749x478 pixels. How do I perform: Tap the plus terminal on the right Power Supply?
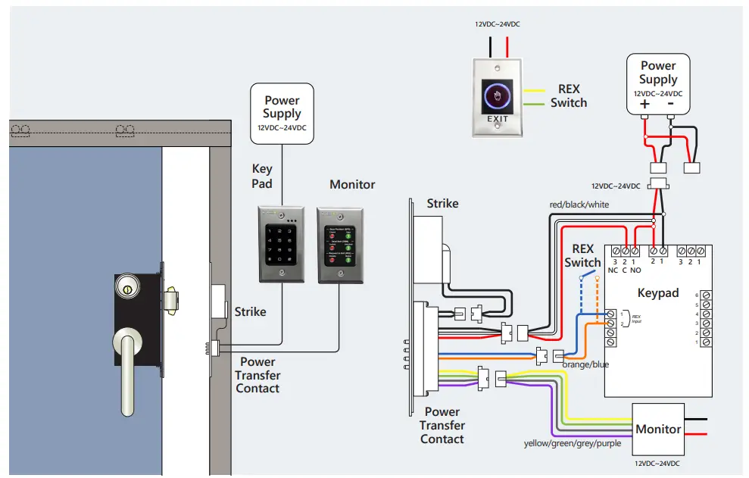pyautogui.click(x=644, y=105)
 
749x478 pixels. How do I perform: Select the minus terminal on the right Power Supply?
pyautogui.click(x=671, y=105)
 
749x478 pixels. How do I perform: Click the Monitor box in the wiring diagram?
pyautogui.click(x=658, y=429)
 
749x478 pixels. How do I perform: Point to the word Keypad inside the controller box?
pyautogui.click(x=657, y=292)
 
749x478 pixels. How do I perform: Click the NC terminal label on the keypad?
pyautogui.click(x=613, y=270)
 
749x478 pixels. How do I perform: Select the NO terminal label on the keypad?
pyautogui.click(x=635, y=270)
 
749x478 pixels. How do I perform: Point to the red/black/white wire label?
pyautogui.click(x=579, y=205)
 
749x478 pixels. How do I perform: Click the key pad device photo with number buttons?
pyautogui.click(x=281, y=245)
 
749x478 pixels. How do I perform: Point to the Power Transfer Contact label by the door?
pyautogui.click(x=257, y=375)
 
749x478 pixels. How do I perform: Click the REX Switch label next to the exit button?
pyautogui.click(x=569, y=96)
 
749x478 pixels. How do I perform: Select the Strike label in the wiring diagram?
pyautogui.click(x=442, y=203)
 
